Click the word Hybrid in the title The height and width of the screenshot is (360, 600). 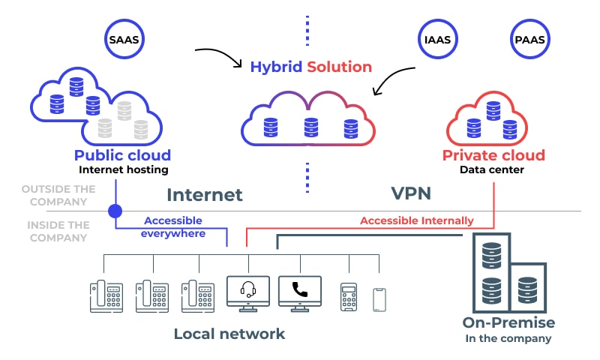click(x=277, y=67)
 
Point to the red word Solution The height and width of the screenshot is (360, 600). click(x=340, y=67)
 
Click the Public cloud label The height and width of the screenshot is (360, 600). click(x=122, y=156)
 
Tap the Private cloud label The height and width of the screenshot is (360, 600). click(x=493, y=156)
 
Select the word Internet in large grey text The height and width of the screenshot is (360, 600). click(x=205, y=195)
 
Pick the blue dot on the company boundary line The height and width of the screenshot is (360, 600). click(x=115, y=211)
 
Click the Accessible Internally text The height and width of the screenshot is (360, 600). click(x=417, y=220)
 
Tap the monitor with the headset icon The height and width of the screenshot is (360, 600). click(x=247, y=293)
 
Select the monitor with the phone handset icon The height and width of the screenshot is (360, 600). click(x=300, y=293)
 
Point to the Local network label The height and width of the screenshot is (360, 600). click(x=229, y=334)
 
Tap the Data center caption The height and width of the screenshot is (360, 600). click(x=493, y=170)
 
